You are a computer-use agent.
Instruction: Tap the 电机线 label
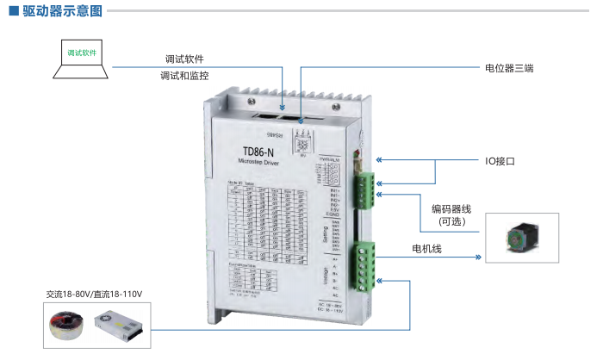click(426, 249)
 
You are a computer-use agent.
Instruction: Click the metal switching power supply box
click(121, 323)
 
